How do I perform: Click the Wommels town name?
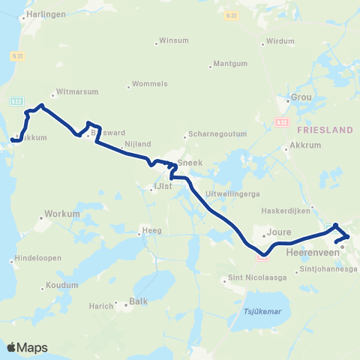pyautogui.click(x=149, y=83)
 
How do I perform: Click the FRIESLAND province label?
pyautogui.click(x=324, y=130)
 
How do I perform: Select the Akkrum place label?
pyautogui.click(x=304, y=147)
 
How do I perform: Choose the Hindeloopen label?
pyautogui.click(x=37, y=261)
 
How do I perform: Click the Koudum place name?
pyautogui.click(x=61, y=285)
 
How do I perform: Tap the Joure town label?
pyautogui.click(x=278, y=233)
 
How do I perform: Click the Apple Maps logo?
pyautogui.click(x=27, y=347)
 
